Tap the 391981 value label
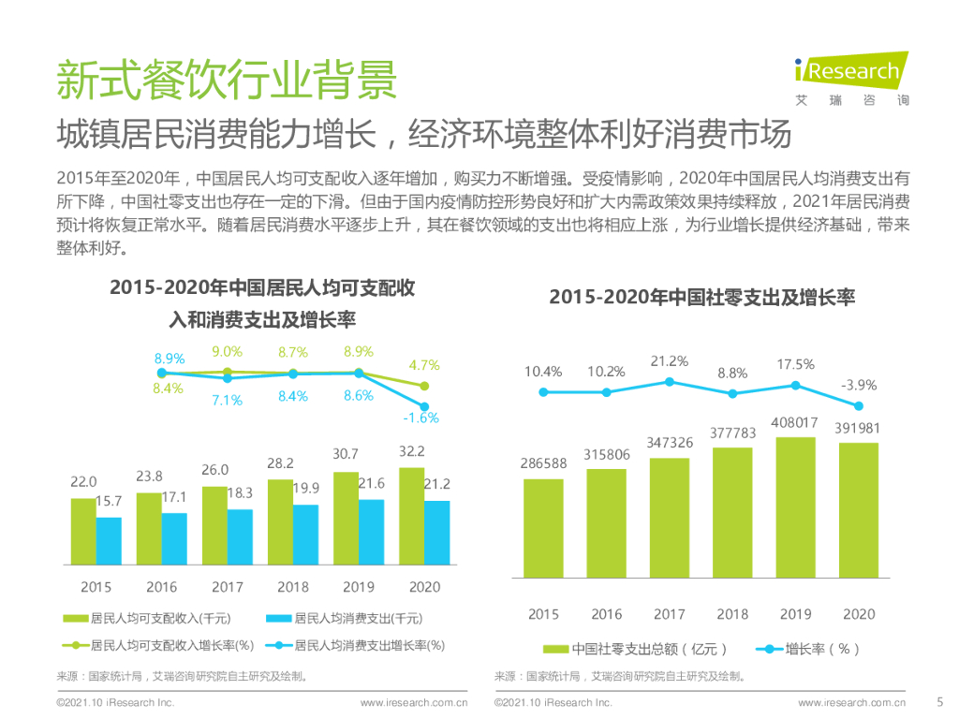(x=858, y=429)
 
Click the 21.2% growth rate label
(x=670, y=360)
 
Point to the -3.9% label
(x=858, y=385)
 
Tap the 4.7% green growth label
(x=424, y=365)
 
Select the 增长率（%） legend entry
(x=810, y=649)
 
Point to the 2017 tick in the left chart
(x=228, y=587)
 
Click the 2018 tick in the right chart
(x=732, y=614)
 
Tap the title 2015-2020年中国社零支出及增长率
(x=701, y=298)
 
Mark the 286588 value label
(x=543, y=463)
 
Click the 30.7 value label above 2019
(x=347, y=454)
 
